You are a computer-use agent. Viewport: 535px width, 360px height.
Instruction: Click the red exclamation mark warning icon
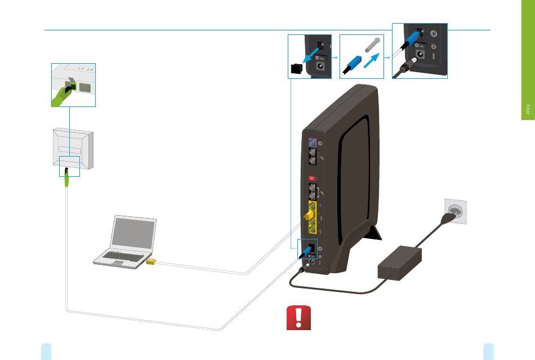click(x=298, y=319)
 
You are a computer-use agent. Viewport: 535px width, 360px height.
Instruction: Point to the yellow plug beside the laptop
click(x=151, y=261)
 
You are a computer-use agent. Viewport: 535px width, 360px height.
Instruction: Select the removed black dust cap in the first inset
click(x=296, y=69)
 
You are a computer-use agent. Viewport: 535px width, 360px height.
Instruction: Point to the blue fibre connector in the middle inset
click(x=351, y=61)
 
